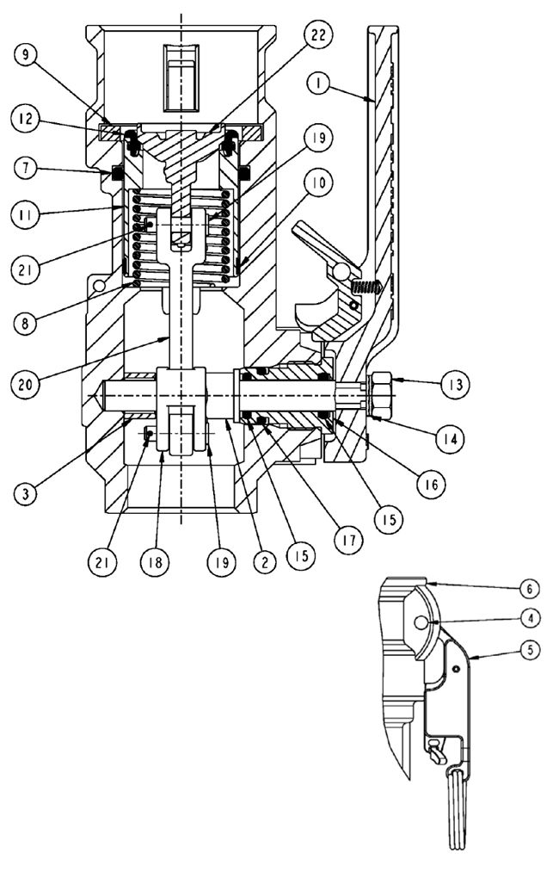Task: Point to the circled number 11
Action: click(26, 212)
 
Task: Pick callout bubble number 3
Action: click(26, 492)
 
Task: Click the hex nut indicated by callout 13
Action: click(383, 392)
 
